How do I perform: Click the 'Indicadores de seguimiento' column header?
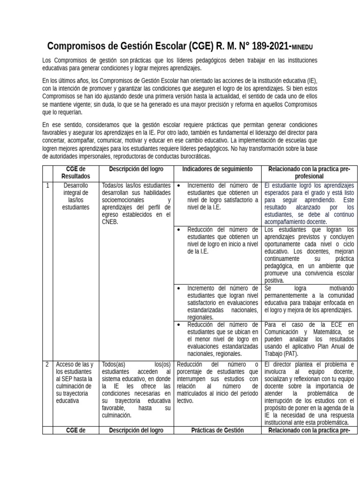tap(217, 169)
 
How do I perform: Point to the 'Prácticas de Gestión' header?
tap(217, 431)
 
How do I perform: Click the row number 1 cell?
tap(48, 186)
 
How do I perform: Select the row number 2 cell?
tap(48, 365)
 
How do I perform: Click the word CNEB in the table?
tap(111, 222)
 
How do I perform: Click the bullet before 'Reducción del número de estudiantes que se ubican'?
tap(180, 324)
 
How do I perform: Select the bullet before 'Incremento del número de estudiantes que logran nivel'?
tap(180, 288)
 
